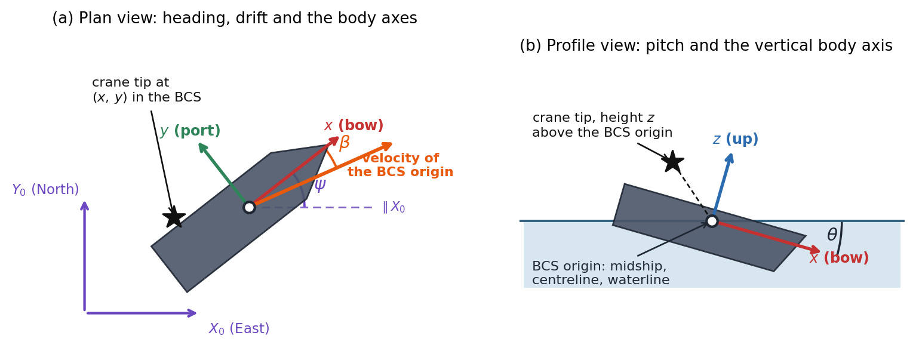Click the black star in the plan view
point(174,217)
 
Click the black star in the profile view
point(672,161)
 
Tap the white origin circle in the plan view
point(249,208)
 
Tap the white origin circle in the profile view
point(712,221)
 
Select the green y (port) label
point(190,131)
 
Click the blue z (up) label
point(735,139)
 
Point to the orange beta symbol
point(345,143)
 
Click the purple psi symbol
point(320,185)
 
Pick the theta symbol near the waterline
point(832,235)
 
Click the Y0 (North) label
point(45,190)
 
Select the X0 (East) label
point(239,328)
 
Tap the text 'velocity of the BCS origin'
point(400,165)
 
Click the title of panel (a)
point(235,19)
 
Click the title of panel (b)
point(706,46)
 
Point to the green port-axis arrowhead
point(203,148)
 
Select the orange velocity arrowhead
point(387,146)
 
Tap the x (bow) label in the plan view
point(354,125)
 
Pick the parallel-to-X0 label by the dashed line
point(394,207)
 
